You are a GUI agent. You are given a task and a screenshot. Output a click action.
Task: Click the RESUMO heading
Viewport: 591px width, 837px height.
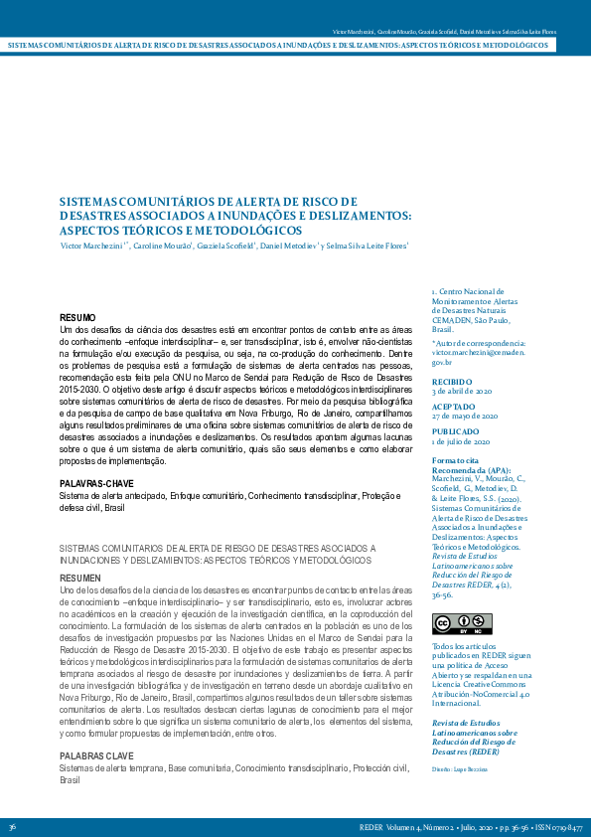[77, 316]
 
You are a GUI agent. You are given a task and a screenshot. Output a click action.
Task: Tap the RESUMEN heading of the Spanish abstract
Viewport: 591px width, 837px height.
[79, 578]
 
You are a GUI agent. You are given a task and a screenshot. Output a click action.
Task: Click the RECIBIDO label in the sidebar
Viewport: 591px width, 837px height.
[451, 382]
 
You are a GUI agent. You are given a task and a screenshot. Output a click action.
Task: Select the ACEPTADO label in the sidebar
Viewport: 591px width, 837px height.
[452, 407]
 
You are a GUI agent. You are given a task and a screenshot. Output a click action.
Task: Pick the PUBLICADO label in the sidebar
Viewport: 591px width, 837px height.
[454, 432]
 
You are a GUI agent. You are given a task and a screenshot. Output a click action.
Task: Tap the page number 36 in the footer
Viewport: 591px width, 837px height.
[12, 827]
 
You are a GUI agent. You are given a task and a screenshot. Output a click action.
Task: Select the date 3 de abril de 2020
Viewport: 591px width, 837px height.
[463, 392]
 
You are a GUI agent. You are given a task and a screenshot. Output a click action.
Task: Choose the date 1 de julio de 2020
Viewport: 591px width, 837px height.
[462, 441]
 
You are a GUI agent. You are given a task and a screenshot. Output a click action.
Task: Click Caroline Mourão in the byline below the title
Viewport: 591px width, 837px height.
[161, 245]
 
